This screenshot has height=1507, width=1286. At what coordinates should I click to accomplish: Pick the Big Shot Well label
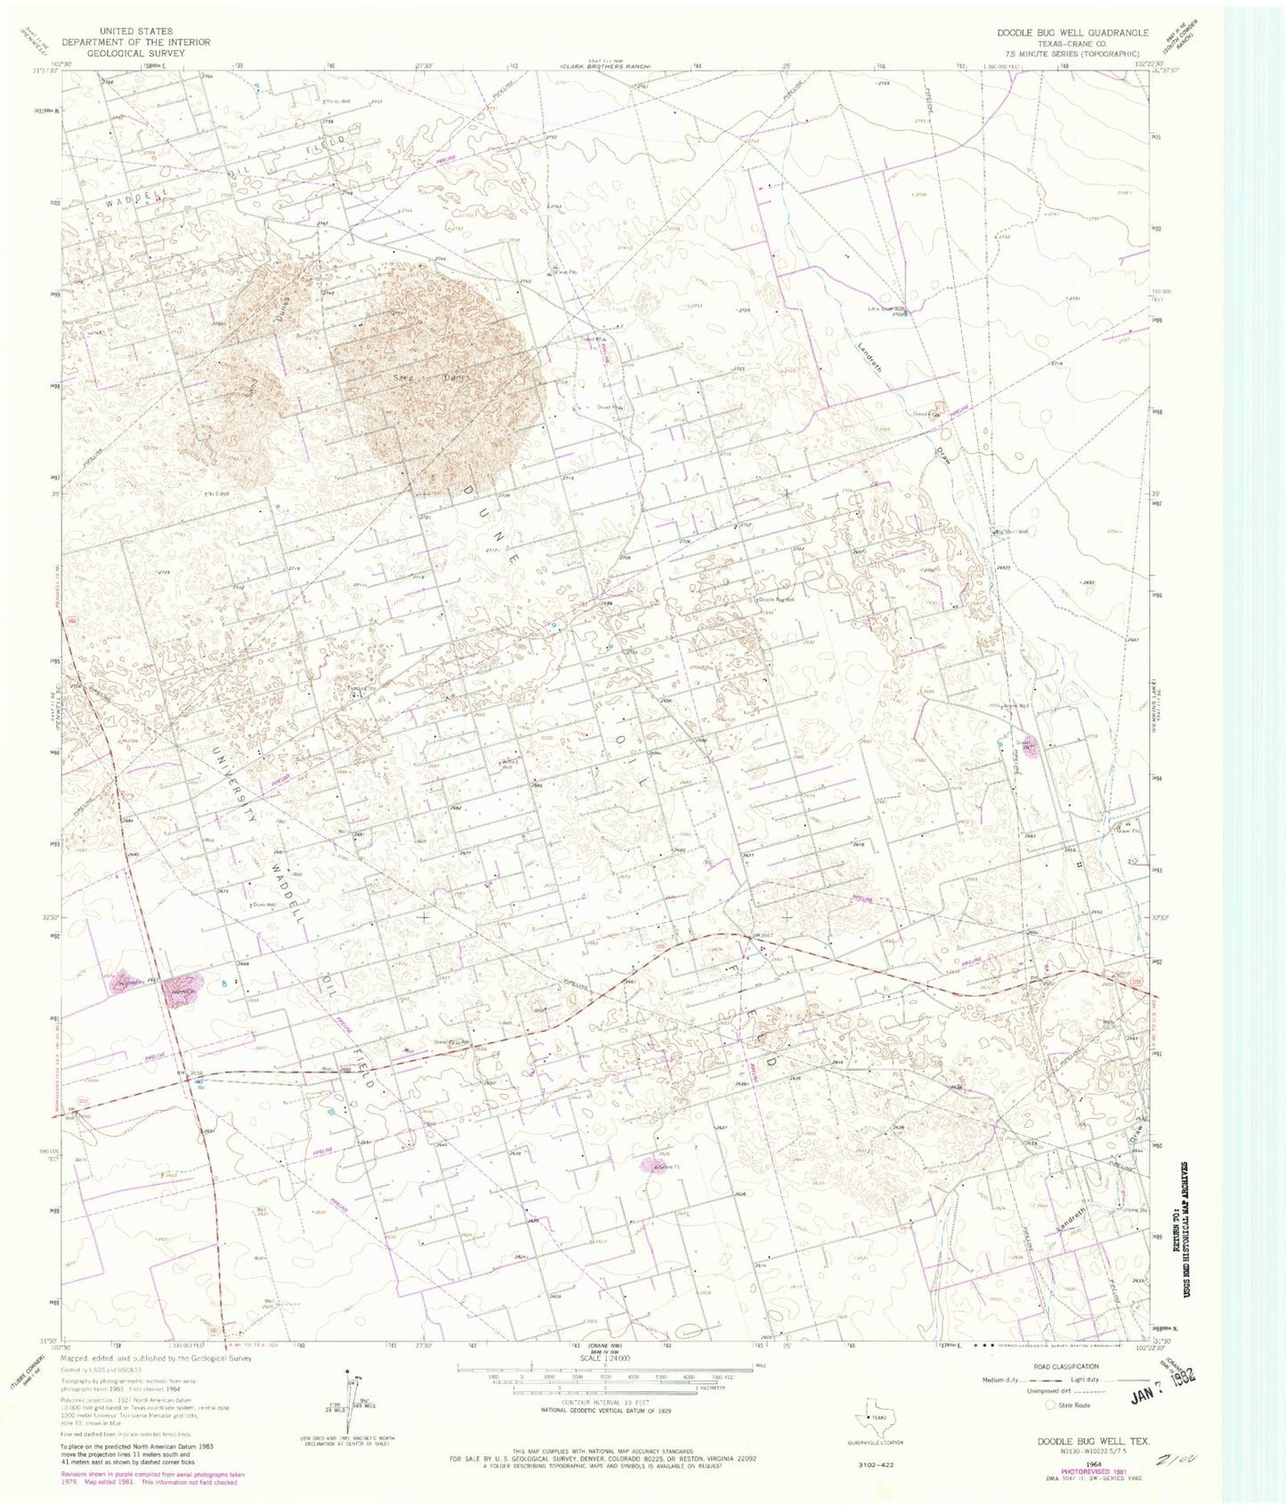click(1011, 532)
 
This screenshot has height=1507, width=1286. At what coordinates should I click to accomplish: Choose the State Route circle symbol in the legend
click(1051, 1405)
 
